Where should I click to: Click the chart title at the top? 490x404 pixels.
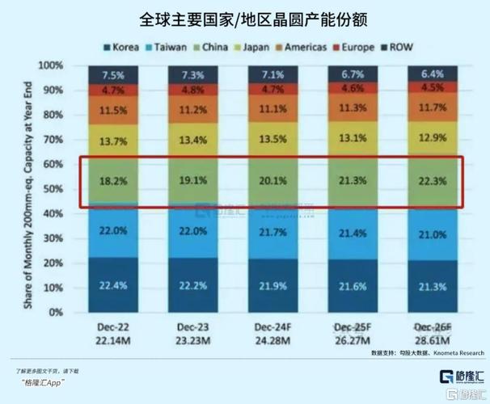[245, 17]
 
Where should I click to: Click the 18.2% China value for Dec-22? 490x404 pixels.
[112, 183]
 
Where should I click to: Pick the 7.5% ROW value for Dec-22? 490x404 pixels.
[112, 75]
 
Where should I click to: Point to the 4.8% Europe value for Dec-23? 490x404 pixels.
[192, 90]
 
